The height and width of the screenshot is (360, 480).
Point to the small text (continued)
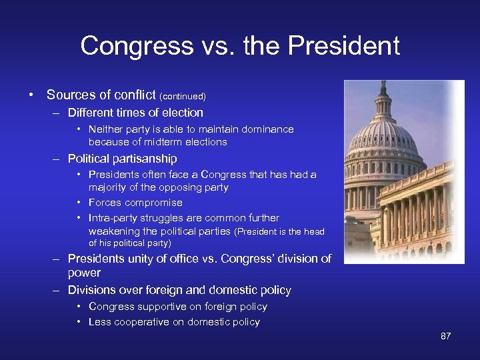(183, 97)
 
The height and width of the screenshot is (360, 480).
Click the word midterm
(159, 142)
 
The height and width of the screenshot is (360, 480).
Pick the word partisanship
(143, 159)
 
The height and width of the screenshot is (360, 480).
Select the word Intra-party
(113, 218)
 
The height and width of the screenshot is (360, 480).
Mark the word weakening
(113, 231)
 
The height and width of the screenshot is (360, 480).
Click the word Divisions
(92, 290)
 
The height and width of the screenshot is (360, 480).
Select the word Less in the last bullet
(99, 322)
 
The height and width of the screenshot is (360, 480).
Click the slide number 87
(445, 336)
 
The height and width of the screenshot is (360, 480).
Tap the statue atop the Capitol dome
(383, 86)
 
